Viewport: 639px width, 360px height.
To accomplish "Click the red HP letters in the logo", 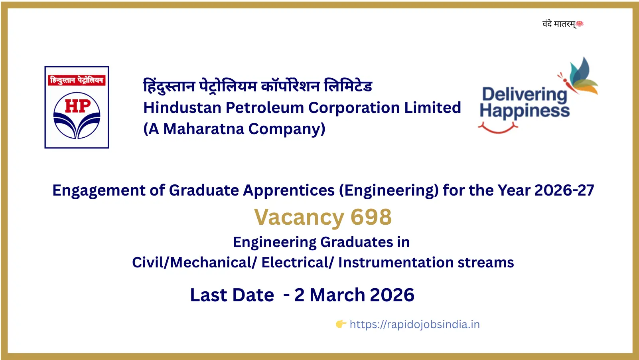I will coord(77,107).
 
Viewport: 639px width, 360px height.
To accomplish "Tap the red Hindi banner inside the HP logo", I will coord(77,80).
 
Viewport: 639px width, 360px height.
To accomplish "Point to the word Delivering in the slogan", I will coord(524,95).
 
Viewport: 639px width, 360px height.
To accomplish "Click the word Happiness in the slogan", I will coord(525,111).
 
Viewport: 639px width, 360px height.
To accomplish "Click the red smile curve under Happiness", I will coord(498,128).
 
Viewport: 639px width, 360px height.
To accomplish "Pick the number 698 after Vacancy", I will coord(371,217).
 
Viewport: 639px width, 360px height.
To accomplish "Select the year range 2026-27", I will coord(564,190).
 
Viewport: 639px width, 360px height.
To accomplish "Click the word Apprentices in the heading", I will coord(289,191).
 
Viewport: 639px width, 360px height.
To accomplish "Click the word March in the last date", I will coord(337,295).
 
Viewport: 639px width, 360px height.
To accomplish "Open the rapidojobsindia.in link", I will coord(414,324).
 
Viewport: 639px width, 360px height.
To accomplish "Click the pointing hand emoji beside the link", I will coord(341,324).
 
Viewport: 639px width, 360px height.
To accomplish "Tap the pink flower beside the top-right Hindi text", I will coord(580,24).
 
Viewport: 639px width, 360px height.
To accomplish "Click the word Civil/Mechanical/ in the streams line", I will coord(195,263).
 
